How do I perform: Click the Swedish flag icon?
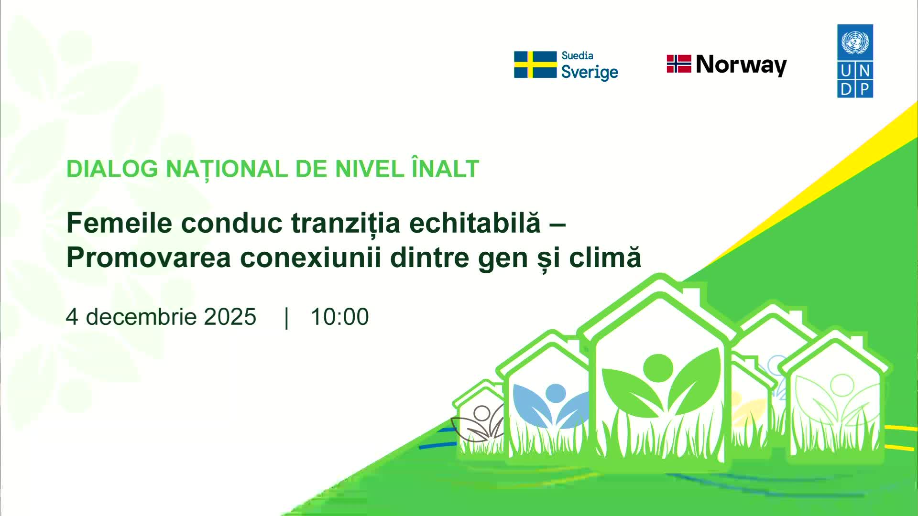coord(535,64)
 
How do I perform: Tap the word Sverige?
coord(590,73)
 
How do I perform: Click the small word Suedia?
coord(577,55)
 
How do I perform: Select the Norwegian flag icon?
coord(679,64)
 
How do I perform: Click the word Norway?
coord(742,64)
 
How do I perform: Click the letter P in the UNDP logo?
coord(864,89)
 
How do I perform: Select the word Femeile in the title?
coord(119,223)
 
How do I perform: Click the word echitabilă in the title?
coord(475,223)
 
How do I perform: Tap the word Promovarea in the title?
coord(149,258)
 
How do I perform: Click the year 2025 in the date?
coord(230,317)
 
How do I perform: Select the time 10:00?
coord(339,317)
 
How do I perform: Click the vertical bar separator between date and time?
coord(286,318)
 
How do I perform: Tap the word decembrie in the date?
coord(141,317)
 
